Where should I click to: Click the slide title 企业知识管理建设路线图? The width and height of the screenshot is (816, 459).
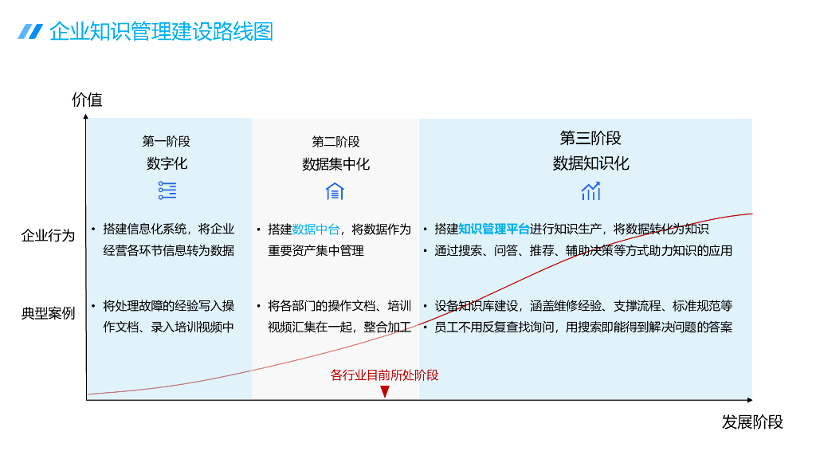click(x=161, y=31)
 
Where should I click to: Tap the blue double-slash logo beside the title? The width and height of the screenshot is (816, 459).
click(x=30, y=31)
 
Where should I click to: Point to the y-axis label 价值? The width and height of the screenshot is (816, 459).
click(x=87, y=100)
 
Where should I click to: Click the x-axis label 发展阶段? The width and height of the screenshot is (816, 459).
click(x=752, y=422)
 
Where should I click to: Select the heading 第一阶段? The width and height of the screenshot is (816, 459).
click(x=167, y=141)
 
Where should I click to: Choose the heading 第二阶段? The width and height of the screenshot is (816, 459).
click(x=335, y=141)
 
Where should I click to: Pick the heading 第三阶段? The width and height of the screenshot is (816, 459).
click(x=590, y=138)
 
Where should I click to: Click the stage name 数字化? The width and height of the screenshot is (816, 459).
click(x=167, y=163)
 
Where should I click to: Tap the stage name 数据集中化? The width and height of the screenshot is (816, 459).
click(x=335, y=164)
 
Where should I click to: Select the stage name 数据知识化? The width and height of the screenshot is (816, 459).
click(x=590, y=163)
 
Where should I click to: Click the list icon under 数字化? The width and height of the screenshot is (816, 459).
click(x=167, y=190)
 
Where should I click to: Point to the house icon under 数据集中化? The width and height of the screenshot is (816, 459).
click(x=335, y=191)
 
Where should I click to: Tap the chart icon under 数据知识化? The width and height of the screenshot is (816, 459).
click(x=590, y=191)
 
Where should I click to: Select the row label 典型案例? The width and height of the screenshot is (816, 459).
click(x=48, y=313)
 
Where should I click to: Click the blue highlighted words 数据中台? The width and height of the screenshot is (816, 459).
click(x=316, y=229)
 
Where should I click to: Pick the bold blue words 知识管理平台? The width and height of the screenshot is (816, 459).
click(x=494, y=229)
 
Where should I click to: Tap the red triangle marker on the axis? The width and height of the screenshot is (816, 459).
click(x=385, y=391)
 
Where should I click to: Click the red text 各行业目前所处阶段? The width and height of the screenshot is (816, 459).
click(x=384, y=375)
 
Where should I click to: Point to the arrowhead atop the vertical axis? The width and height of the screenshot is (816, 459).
click(x=86, y=117)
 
